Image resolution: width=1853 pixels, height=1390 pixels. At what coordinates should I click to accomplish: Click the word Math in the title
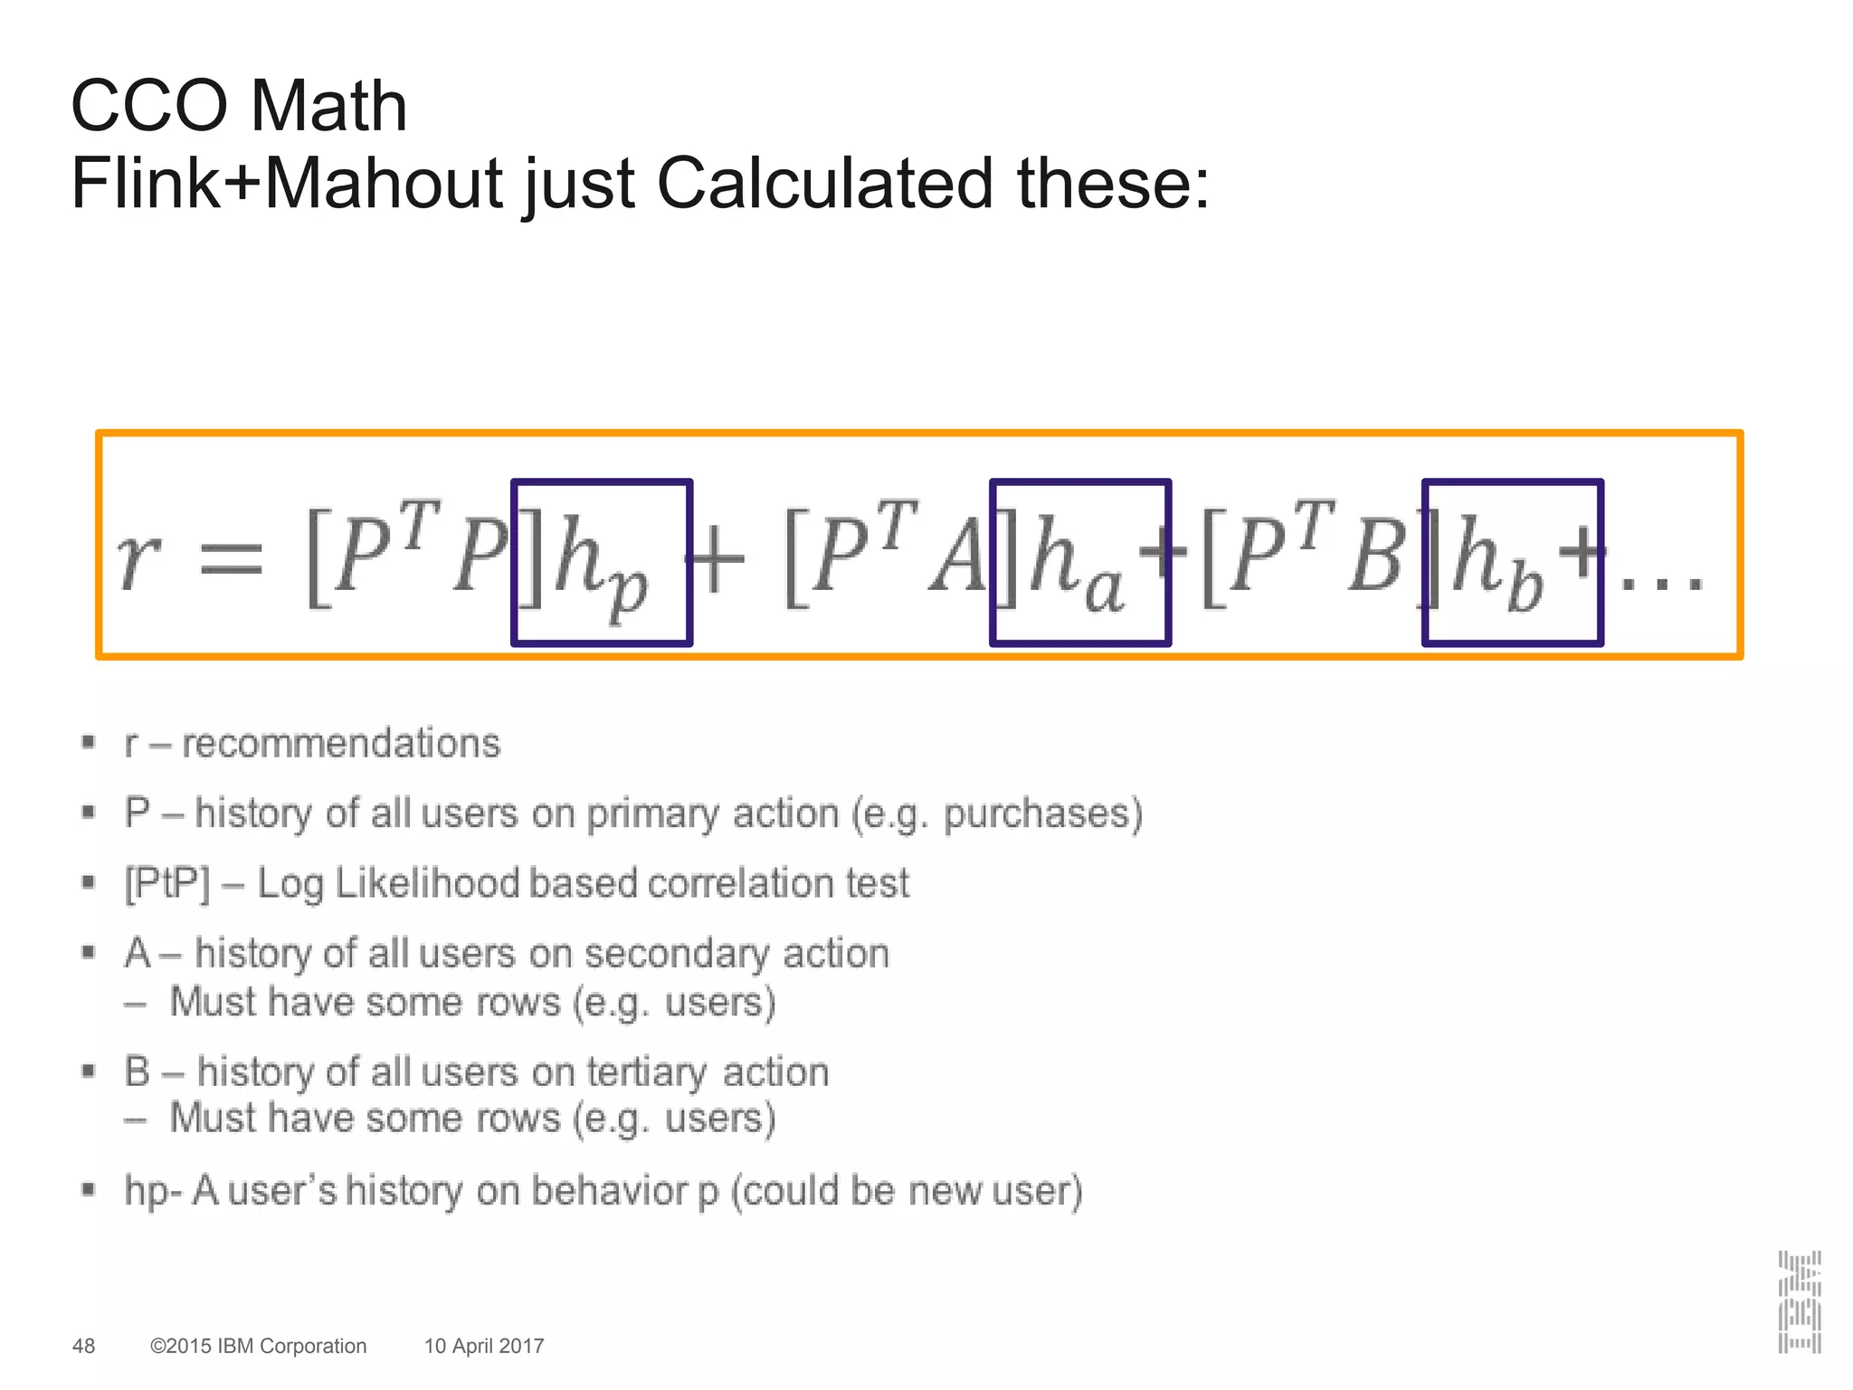[328, 106]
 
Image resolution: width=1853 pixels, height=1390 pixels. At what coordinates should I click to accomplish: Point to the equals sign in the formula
[231, 558]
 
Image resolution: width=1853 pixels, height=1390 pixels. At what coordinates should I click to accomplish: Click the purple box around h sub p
[602, 562]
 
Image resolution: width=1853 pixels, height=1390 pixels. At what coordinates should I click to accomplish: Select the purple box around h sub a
[1080, 562]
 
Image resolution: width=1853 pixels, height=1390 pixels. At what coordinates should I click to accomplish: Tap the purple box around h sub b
[1513, 562]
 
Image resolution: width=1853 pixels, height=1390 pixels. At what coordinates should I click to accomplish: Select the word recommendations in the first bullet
[340, 744]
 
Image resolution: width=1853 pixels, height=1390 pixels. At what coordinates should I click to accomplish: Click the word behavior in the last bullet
[611, 1191]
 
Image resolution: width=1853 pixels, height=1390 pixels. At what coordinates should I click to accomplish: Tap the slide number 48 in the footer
[83, 1346]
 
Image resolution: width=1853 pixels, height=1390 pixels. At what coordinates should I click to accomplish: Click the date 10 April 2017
[484, 1346]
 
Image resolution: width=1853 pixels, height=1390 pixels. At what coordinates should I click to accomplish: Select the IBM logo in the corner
[1799, 1302]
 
